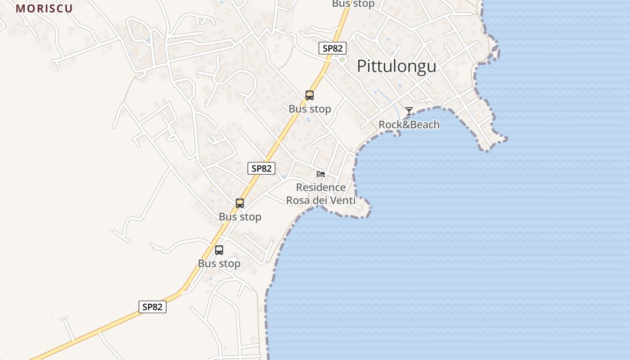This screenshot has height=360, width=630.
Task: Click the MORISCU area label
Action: coord(44,9)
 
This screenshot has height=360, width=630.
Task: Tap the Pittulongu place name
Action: coord(396,66)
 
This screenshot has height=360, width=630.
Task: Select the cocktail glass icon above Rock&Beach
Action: coord(409,111)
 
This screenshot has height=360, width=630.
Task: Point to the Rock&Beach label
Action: coord(409,125)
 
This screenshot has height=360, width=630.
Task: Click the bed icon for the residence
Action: coord(321,174)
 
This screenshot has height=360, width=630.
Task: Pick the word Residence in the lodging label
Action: coord(321,187)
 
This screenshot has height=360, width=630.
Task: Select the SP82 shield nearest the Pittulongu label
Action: coord(333,48)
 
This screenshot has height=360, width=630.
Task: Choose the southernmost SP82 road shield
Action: coord(152,307)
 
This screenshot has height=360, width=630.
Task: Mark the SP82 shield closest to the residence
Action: coord(261,168)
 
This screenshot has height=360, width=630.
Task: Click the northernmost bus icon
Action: coord(310,95)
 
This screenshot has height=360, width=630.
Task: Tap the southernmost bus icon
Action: coord(219,250)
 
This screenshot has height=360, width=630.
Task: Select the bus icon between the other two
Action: coord(240,203)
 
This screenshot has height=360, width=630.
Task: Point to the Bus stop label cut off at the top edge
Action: coord(353,4)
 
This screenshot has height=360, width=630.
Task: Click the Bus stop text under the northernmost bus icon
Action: coord(310,109)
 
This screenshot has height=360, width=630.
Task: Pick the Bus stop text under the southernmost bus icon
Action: coord(219,264)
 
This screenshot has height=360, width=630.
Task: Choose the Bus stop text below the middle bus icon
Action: coord(240,217)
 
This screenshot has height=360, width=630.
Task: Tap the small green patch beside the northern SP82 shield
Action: coord(342,59)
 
